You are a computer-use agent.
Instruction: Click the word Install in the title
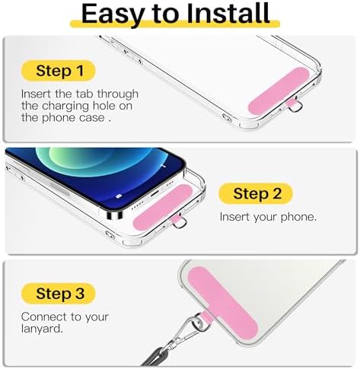point(228,14)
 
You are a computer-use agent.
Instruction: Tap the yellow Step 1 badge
point(58,71)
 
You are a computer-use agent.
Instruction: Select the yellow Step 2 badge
point(256,194)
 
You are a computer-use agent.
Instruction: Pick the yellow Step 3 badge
point(58,294)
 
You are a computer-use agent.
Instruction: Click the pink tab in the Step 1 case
point(279,91)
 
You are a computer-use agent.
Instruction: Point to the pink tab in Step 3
point(223,304)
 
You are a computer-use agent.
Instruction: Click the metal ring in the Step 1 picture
point(296,105)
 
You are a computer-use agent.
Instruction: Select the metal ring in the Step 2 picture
point(180,222)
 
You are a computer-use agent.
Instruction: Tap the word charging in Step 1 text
point(65,106)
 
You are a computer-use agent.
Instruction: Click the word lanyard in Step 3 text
point(42,329)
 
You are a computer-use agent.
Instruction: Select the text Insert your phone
point(268,217)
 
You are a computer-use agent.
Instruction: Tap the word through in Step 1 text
point(118,94)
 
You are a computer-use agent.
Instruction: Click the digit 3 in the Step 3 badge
point(80,294)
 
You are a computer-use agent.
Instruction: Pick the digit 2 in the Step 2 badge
point(277,194)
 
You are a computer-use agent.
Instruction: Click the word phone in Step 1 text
point(59,118)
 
